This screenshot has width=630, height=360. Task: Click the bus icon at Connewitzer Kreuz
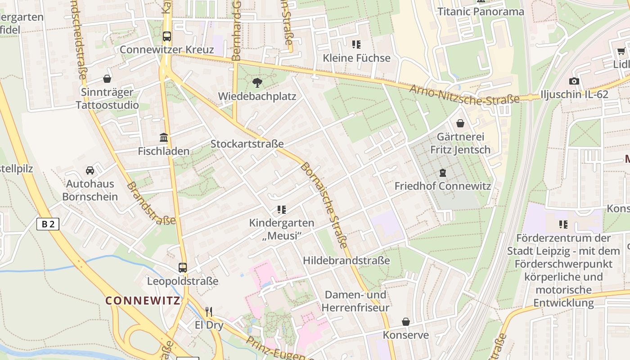point(167,36)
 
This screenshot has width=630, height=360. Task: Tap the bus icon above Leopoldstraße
point(182,268)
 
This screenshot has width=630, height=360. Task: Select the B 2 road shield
point(48,224)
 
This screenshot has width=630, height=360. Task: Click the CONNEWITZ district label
point(143,301)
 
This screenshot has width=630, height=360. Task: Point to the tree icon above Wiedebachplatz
point(257,83)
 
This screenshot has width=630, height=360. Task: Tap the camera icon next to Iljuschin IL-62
point(574,81)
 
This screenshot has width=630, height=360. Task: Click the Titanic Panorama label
point(481,12)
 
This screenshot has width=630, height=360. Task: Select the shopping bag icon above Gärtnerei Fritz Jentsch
point(460,123)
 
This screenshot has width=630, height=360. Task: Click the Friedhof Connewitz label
point(442,186)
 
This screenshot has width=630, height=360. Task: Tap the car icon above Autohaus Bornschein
point(90,171)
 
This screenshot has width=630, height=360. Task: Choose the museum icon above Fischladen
point(164,138)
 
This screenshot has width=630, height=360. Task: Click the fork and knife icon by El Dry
point(209,311)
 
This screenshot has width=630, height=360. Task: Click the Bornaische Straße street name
point(324,205)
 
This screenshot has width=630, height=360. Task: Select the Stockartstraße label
point(247,144)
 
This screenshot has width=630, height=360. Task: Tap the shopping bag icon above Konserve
point(406,322)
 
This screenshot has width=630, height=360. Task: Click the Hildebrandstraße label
point(346,261)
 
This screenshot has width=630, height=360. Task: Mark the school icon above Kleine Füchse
point(356,45)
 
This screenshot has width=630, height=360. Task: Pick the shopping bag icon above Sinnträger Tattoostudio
point(107,79)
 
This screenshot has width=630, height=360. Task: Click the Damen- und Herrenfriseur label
point(355,301)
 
